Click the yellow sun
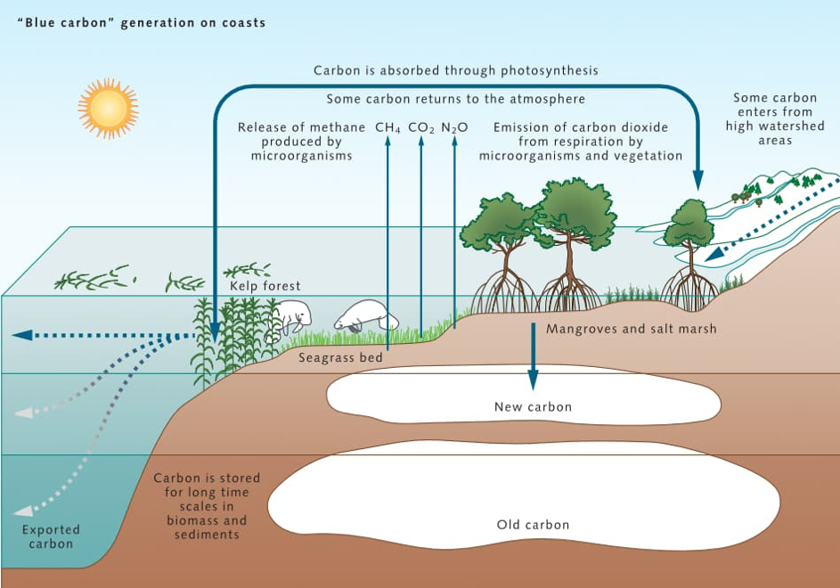(x=108, y=108)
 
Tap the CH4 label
(x=387, y=128)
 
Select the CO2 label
(x=421, y=128)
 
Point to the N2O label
(x=454, y=128)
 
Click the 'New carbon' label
(x=533, y=407)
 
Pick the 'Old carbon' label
(x=533, y=525)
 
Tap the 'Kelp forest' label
(x=265, y=286)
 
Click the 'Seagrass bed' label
(x=340, y=358)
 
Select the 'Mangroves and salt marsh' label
(x=631, y=329)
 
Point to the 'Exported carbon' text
(x=51, y=536)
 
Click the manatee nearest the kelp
(x=288, y=317)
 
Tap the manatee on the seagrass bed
(x=366, y=314)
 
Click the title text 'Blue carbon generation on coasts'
(x=142, y=22)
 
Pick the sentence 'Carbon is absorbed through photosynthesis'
(x=455, y=70)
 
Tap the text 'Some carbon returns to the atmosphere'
(x=455, y=99)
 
